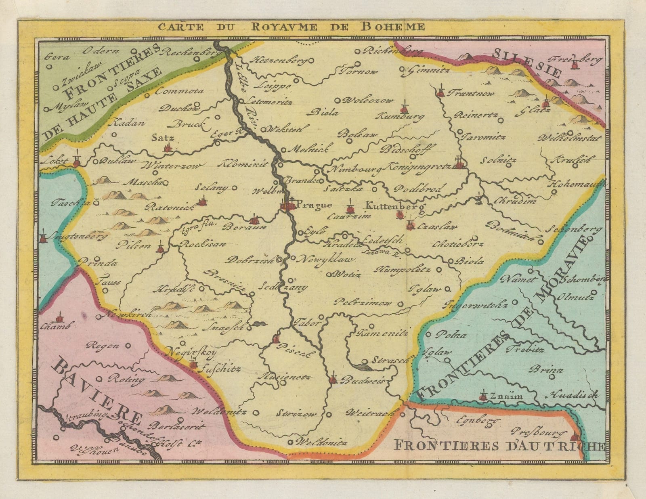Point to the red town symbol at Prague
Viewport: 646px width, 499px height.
[287, 206]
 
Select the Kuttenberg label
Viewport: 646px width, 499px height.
[395, 206]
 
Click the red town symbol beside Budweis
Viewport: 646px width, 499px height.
[333, 379]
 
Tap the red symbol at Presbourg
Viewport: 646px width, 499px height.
[575, 437]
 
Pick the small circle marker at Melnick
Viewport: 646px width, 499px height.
[283, 150]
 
